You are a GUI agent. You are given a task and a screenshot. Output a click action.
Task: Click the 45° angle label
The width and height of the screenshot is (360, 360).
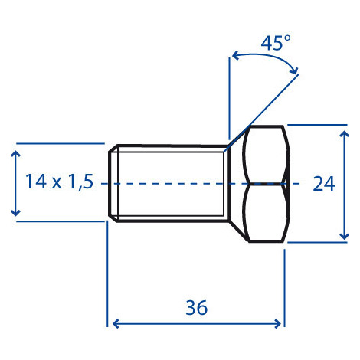point(276,43)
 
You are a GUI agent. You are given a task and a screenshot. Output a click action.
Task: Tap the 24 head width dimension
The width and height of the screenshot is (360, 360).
point(324,184)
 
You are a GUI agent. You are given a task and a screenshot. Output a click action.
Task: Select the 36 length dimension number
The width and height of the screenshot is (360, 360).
point(196,307)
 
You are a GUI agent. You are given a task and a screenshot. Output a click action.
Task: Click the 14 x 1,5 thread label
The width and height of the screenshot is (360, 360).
point(59,182)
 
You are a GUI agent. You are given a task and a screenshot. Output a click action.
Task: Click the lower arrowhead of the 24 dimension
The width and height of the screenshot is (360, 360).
point(345,236)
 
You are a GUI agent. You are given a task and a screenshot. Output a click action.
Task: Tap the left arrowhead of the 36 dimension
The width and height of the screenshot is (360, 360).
point(116,323)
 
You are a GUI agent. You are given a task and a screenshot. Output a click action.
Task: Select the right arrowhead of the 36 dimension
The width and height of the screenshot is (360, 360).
point(277,323)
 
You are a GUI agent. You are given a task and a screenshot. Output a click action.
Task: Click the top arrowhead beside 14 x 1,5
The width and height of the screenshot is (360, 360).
point(16,154)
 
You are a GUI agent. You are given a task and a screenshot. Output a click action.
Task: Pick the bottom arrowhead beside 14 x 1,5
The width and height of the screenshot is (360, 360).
point(16,212)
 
